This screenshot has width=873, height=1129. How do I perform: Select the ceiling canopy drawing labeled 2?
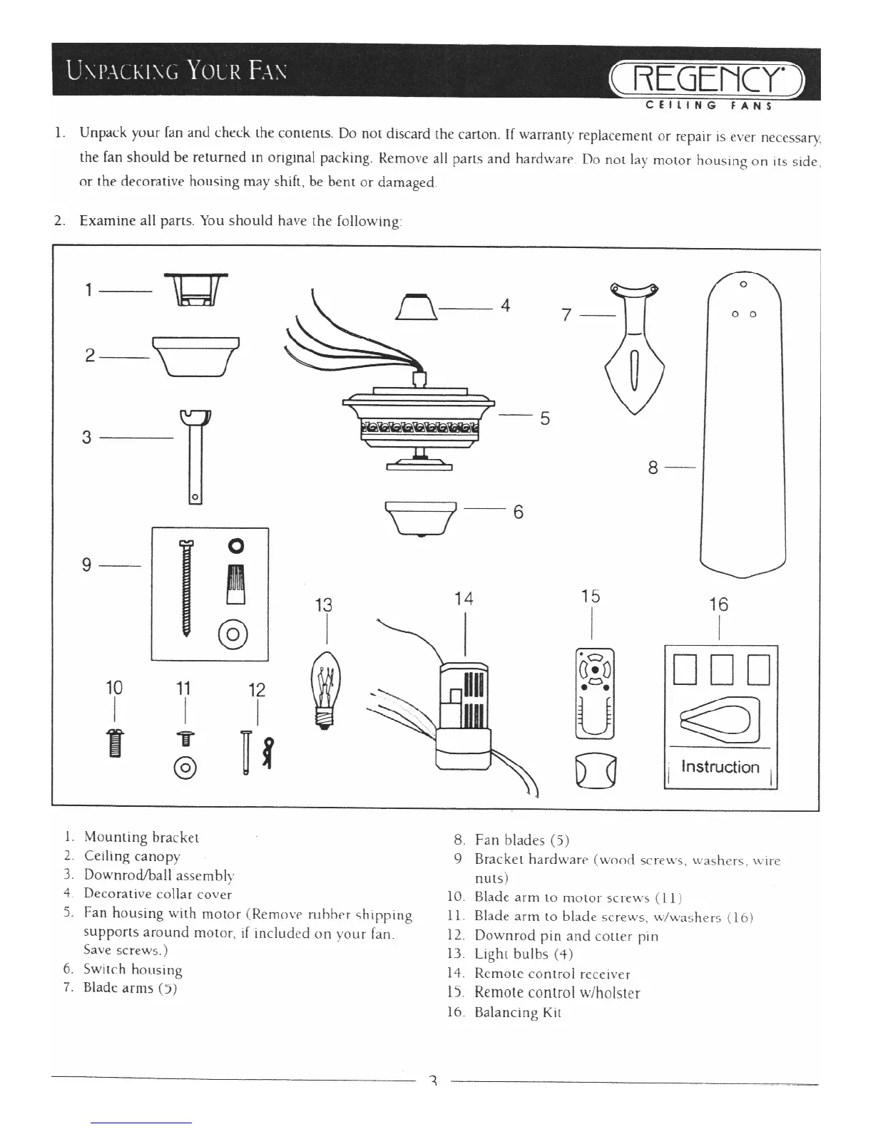[x=195, y=355]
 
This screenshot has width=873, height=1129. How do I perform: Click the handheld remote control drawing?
[x=594, y=692]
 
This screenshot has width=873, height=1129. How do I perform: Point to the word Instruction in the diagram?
[x=720, y=767]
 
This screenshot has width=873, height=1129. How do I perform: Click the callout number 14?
[x=464, y=598]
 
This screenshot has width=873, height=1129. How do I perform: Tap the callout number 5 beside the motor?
[x=545, y=418]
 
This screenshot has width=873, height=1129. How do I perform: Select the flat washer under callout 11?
[x=185, y=767]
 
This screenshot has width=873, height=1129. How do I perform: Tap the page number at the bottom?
[x=432, y=1082]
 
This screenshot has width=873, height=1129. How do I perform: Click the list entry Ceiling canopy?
[x=132, y=856]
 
